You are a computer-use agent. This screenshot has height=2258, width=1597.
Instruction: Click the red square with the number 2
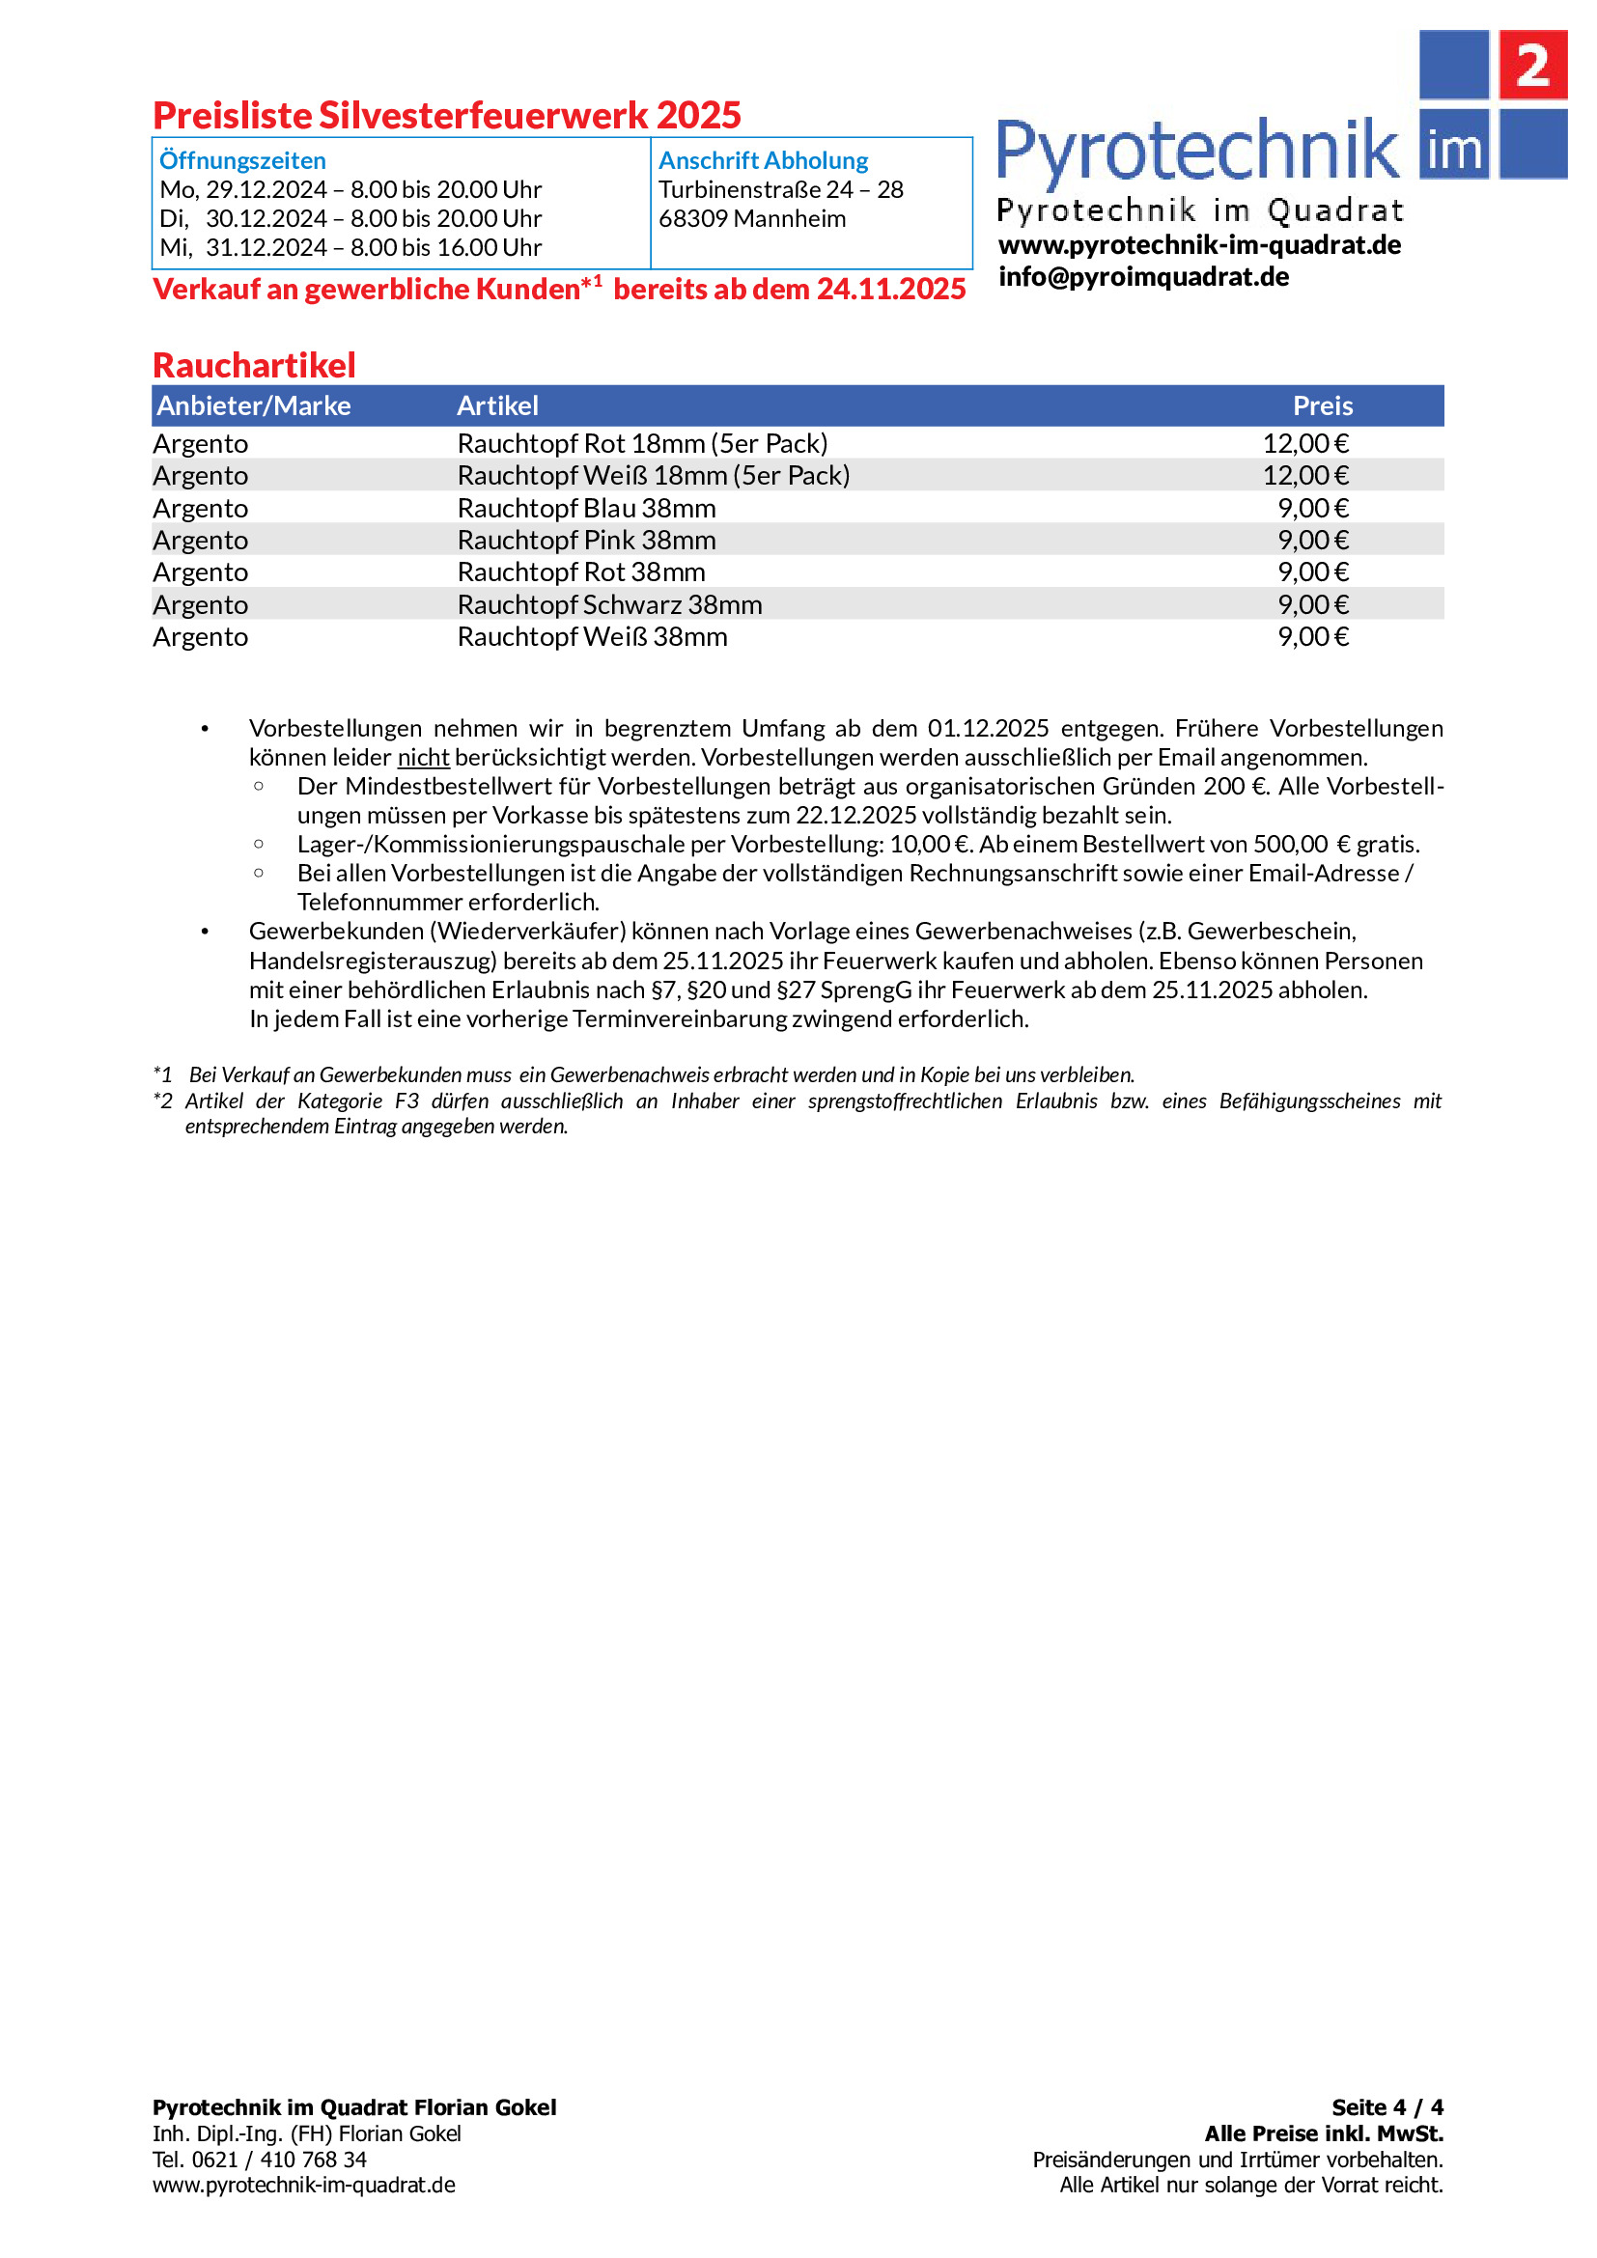coord(1531,65)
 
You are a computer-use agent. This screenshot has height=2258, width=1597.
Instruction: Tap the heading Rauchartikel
coord(254,365)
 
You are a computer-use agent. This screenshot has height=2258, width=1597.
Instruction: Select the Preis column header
coord(1322,405)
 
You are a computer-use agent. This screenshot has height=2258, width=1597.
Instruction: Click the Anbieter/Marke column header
coord(254,405)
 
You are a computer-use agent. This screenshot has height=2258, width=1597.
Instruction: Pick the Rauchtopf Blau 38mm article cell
coord(586,509)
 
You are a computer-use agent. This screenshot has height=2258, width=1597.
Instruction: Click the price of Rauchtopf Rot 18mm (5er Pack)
coord(1305,443)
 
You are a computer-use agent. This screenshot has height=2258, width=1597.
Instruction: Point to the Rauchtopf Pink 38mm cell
coord(586,540)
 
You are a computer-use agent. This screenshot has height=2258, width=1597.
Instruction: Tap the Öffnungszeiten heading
coord(243,160)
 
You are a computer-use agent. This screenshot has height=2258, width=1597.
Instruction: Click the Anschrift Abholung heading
coord(763,160)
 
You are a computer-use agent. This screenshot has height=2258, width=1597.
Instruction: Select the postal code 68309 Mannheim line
coord(751,218)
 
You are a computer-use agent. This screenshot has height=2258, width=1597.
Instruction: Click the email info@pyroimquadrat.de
coord(1142,276)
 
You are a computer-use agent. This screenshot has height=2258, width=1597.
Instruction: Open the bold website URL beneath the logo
coord(1199,245)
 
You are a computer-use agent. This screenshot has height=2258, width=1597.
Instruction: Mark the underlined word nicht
coord(423,757)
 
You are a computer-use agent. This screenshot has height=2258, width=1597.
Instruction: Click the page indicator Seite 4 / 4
coord(1387,2107)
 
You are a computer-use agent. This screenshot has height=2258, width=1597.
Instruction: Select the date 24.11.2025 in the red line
coord(891,290)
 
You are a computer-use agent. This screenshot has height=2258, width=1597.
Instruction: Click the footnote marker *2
coord(163,1101)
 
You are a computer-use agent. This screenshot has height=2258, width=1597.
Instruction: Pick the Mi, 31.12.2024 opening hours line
coord(350,248)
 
